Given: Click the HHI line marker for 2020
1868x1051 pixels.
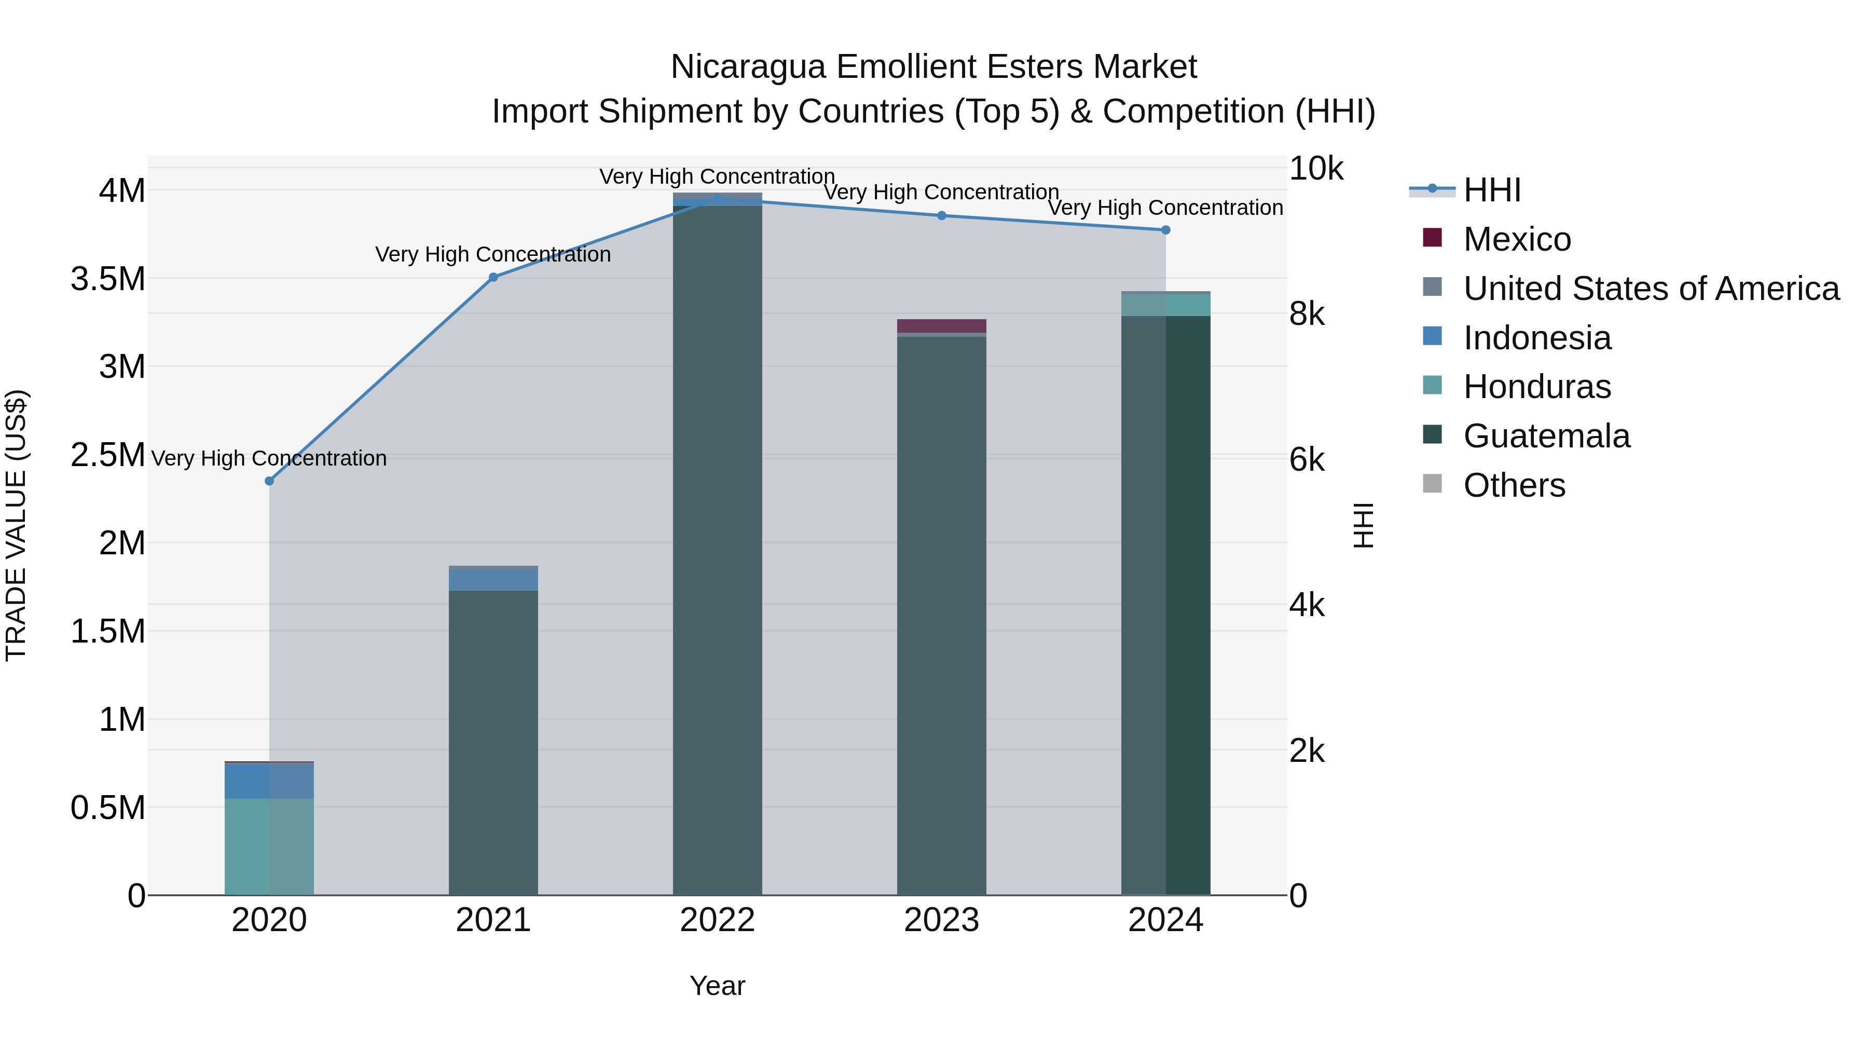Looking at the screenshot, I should point(269,481).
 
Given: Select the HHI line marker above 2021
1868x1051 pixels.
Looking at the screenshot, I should point(493,277).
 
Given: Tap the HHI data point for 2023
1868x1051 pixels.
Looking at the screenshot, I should point(941,215).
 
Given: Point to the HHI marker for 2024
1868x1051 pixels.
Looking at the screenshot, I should point(1165,230).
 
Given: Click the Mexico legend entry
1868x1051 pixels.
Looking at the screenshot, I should point(1517,239).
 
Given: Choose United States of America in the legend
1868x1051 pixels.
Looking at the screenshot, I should point(1651,289).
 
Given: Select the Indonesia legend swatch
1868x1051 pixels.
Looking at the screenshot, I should point(1432,336).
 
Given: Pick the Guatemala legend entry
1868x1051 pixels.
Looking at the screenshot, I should point(1546,436).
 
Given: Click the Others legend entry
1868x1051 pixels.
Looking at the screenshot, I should point(1514,485).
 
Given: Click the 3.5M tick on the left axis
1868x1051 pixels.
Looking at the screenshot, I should point(108,279).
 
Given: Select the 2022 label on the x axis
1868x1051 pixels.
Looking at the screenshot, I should point(717,920).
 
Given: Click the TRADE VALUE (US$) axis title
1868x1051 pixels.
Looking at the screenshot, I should point(17,525).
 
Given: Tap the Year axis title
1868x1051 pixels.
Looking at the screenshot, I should point(717,986).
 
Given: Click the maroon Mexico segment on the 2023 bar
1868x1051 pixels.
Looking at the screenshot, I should point(941,325).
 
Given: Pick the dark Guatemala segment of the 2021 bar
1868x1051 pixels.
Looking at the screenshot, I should point(493,740).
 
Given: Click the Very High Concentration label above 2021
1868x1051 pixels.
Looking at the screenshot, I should point(493,255).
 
